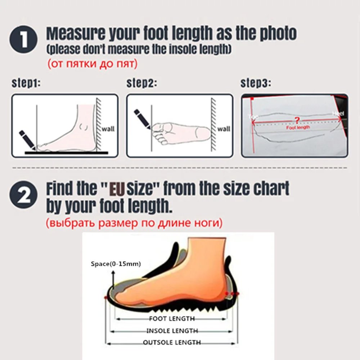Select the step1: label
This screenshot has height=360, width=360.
coord(26,84)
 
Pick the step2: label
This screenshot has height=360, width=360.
coord(141,84)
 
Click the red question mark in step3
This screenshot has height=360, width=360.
coord(297,120)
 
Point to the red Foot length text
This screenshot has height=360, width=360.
coord(298,127)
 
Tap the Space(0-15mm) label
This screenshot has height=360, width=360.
coord(116,264)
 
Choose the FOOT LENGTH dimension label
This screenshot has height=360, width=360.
coord(172,319)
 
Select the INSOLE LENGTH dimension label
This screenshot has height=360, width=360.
coord(172,330)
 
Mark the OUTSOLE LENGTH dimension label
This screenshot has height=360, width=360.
coord(172,342)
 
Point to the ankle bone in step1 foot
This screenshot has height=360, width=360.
coord(85,127)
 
